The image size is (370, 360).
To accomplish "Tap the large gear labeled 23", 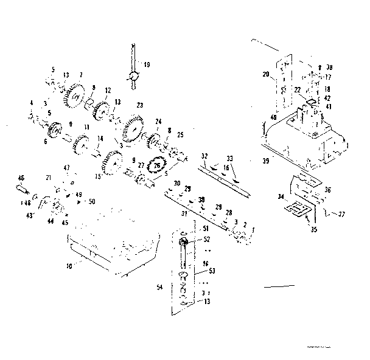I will [x=130, y=129].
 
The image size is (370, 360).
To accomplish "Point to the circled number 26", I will [x=157, y=165].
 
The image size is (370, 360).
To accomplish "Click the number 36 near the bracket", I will [x=329, y=189].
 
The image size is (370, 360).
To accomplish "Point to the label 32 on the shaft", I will [x=206, y=156].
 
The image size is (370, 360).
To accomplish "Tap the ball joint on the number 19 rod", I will [x=132, y=77].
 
